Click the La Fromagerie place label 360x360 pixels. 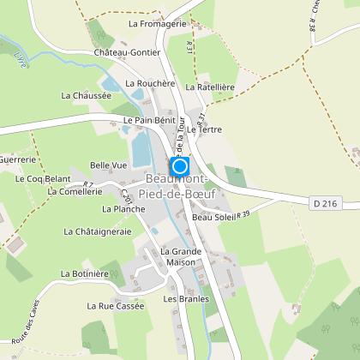pyautogui.click(x=158, y=24)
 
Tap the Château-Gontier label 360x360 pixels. pyautogui.click(x=128, y=52)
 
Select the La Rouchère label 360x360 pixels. pyautogui.click(x=150, y=84)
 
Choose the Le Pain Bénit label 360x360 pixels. pyautogui.click(x=149, y=121)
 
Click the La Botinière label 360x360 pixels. pyautogui.click(x=82, y=273)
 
